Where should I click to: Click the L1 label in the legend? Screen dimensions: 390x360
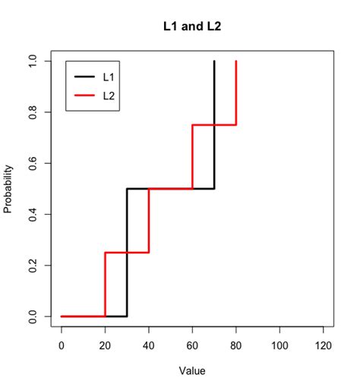(109, 77)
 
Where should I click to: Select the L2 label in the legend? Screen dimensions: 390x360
(109, 96)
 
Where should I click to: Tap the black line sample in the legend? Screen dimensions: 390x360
(84, 77)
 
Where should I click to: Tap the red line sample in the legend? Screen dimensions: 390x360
(84, 96)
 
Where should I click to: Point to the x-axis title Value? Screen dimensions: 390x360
(191, 371)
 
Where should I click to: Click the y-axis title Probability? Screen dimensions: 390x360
(8, 188)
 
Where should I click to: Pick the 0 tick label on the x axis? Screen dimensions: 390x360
(62, 344)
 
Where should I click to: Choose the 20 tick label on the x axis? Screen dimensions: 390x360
(105, 344)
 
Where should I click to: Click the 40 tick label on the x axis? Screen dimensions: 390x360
(149, 344)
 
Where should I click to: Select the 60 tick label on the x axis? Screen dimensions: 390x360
(192, 344)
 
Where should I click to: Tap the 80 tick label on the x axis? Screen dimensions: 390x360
(236, 344)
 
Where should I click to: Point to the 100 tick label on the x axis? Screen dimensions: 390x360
(279, 344)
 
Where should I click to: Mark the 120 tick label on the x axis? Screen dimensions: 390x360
(324, 344)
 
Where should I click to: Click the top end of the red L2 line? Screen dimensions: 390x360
(236, 61)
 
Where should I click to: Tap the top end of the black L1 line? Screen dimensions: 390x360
(214, 61)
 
